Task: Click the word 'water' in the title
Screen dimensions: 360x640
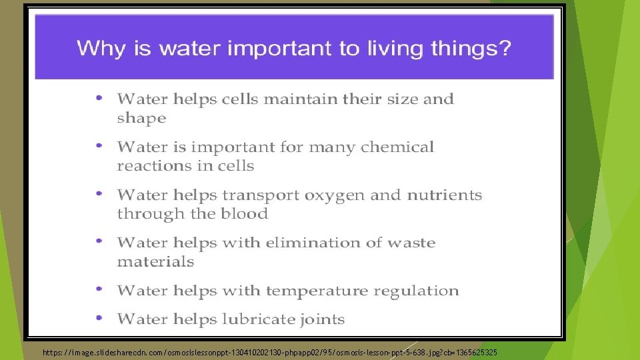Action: pos(155,49)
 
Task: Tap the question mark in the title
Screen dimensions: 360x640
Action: pos(504,49)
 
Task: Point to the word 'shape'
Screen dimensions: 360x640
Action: pos(141,119)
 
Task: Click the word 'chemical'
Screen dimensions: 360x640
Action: pos(398,147)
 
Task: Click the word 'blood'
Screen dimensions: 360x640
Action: pos(247,214)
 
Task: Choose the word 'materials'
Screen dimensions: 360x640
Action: pos(155,262)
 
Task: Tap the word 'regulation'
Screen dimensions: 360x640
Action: pos(416,291)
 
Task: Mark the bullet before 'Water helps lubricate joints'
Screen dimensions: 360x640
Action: pos(99,317)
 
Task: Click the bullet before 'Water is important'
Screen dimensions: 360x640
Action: pos(99,145)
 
